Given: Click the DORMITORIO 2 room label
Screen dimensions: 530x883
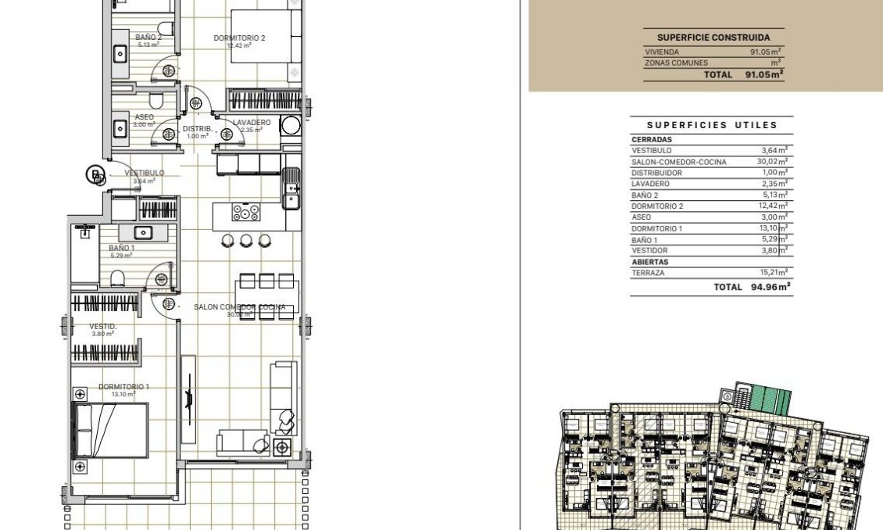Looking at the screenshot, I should point(240,38).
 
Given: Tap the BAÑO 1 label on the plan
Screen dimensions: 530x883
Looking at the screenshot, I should point(121,248).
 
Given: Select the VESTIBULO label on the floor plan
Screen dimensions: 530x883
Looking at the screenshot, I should point(145,173).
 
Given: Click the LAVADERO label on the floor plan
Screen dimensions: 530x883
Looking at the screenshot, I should point(252,123).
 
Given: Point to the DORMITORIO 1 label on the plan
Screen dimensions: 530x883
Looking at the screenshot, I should point(123,387).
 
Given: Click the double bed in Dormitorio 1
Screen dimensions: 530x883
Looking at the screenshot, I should point(110,431).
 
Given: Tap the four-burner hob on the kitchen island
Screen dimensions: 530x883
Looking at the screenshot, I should point(245,212).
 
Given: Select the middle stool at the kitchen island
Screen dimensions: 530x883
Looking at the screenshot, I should point(246,240).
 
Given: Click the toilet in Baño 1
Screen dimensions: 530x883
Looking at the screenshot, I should point(117,278).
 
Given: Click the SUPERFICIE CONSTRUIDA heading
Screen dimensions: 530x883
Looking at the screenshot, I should point(713,38).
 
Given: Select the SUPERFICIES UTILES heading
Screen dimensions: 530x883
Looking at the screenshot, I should point(712,125).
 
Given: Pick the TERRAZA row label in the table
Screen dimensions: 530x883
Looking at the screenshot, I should point(648,273).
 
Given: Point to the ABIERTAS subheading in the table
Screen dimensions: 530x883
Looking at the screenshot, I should point(650,262).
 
